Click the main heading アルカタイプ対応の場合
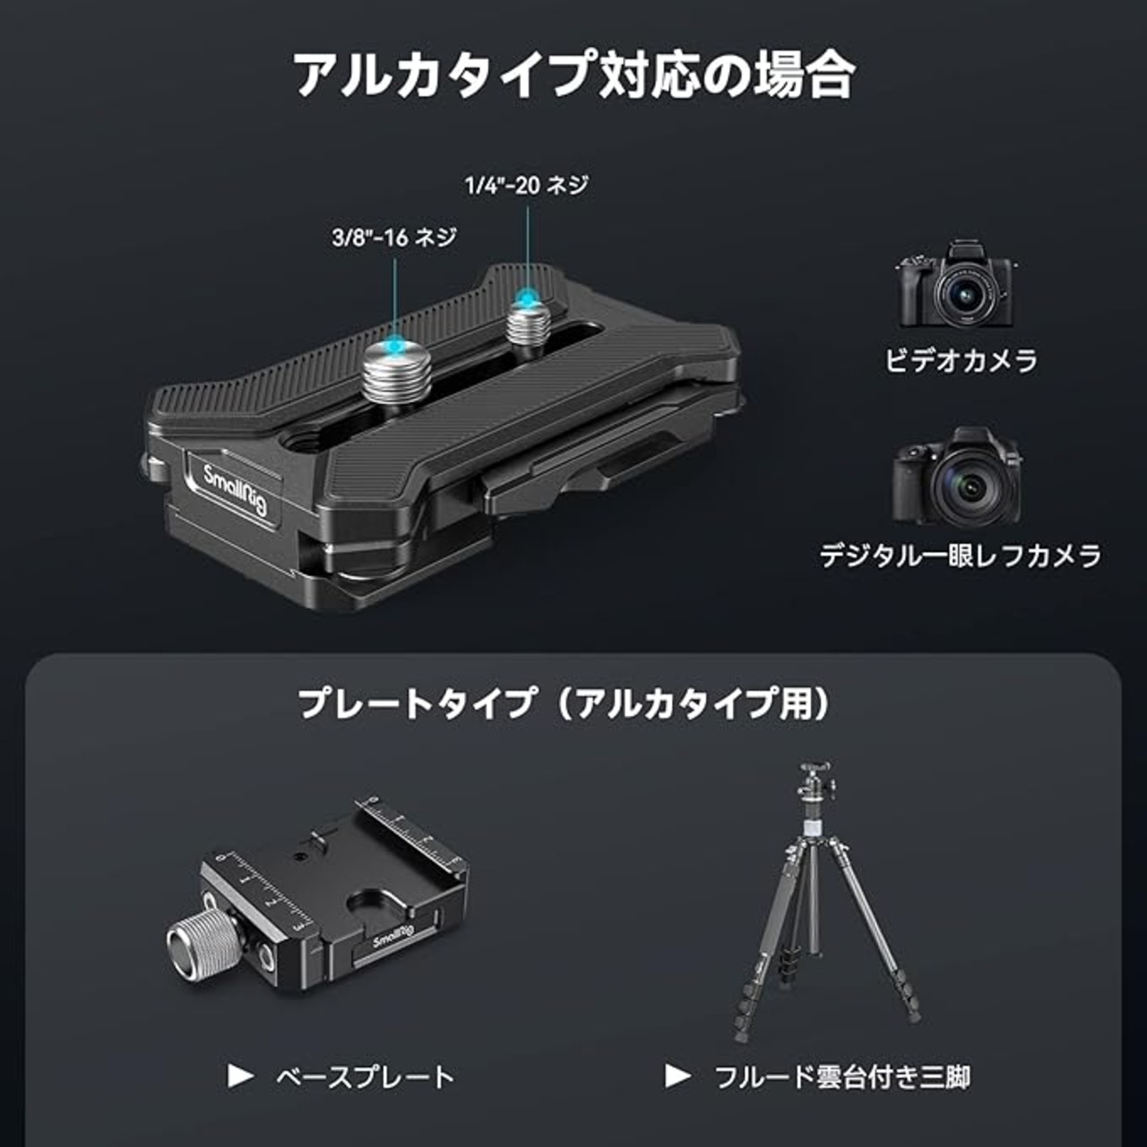[575, 73]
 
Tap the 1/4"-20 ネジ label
[527, 185]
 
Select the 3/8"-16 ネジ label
[394, 237]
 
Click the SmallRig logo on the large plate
[235, 490]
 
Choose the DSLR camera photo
[956, 476]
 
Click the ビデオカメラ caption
[961, 361]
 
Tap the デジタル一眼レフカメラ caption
[961, 556]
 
